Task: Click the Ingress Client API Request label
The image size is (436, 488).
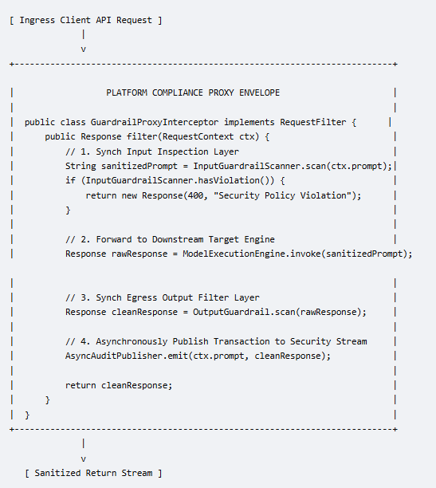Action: coord(85,21)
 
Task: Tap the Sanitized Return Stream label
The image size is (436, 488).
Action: coord(93,473)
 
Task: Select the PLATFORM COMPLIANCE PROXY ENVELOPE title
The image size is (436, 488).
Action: coord(193,92)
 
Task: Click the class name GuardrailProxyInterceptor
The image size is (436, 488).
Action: coord(155,122)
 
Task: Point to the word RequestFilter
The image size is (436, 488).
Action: coord(312,122)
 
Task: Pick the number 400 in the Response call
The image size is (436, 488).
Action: coord(195,195)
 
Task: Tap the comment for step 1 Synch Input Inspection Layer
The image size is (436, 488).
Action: coord(152,152)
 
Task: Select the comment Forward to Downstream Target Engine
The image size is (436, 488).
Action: coord(170,239)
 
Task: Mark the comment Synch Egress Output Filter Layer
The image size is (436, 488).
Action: coord(163,298)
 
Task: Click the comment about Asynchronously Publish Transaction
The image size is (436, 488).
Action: coord(216,341)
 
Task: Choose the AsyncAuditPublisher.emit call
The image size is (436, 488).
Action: coord(127,356)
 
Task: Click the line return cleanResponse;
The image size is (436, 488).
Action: coord(119,385)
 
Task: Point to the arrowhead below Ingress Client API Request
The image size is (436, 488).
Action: coord(83,49)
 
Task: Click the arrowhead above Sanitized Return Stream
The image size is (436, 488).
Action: coord(83,458)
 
